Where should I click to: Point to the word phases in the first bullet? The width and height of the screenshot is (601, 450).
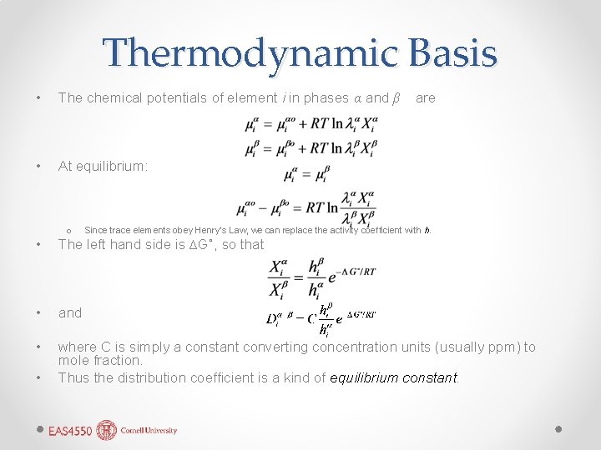tap(326, 97)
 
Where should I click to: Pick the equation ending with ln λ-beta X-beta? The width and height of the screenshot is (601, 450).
tap(311, 149)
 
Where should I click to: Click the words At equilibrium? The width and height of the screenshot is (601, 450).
tap(103, 167)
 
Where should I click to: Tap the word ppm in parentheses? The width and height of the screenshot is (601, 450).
tap(501, 347)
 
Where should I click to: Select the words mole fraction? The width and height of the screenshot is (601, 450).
tap(98, 361)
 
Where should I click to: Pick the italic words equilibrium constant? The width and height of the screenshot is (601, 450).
tap(394, 377)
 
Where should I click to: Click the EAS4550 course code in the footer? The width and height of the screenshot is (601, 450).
tap(70, 431)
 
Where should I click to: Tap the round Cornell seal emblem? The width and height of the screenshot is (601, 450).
tap(107, 430)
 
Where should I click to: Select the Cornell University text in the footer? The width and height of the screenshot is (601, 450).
tap(149, 431)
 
